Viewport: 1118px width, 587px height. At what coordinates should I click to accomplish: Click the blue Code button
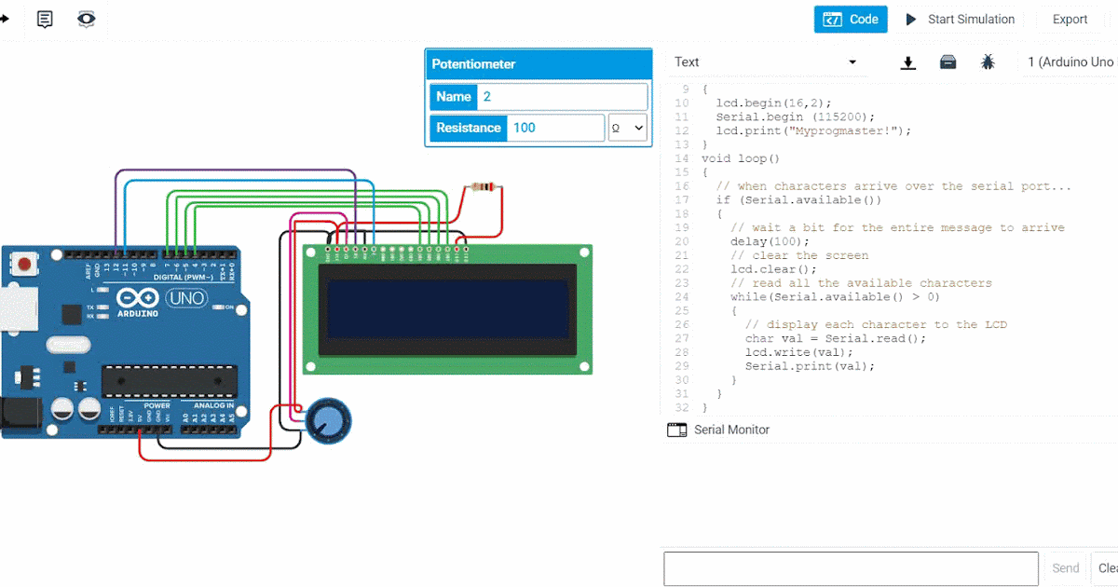pos(851,20)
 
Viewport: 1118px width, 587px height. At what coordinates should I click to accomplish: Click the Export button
pos(1070,20)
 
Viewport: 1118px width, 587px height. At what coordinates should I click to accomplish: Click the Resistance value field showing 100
pos(555,128)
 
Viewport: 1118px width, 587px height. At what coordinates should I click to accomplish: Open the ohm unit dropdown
pos(627,128)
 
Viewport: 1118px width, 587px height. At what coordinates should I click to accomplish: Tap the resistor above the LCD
pos(483,187)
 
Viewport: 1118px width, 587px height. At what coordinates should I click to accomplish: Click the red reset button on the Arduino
pos(26,266)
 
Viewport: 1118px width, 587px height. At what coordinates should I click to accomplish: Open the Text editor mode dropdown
pos(766,62)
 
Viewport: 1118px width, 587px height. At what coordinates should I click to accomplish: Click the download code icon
pos(908,62)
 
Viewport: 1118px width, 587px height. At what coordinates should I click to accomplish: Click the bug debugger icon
pos(988,62)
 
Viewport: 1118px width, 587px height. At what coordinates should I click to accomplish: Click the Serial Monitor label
pos(731,430)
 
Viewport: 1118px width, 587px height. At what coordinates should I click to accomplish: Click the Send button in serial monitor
pos(1065,567)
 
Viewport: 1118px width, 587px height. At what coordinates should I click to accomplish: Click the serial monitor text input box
pos(850,567)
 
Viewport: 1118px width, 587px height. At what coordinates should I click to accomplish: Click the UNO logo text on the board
pos(185,300)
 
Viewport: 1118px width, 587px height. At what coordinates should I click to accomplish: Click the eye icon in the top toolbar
pos(86,19)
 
